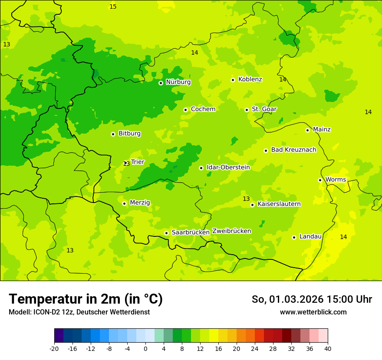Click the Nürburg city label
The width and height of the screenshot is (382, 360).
pyautogui.click(x=178, y=82)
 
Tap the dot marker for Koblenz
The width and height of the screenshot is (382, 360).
pyautogui.click(x=233, y=80)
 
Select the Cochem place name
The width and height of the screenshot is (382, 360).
pyautogui.click(x=203, y=109)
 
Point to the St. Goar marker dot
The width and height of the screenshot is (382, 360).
pyautogui.click(x=247, y=110)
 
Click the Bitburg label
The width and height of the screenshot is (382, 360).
pyautogui.click(x=129, y=134)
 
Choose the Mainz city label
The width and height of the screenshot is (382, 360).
pyautogui.click(x=322, y=129)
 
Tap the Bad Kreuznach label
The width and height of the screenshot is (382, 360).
pyautogui.click(x=293, y=150)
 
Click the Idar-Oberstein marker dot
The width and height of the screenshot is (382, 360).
pyautogui.click(x=201, y=168)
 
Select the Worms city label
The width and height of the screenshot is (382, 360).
pyautogui.click(x=336, y=180)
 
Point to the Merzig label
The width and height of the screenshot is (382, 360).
pyautogui.click(x=140, y=203)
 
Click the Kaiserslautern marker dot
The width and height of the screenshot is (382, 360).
pyautogui.click(x=252, y=205)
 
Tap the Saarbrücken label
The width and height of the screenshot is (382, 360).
pyautogui.click(x=191, y=232)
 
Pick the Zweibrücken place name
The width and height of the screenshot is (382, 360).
pyautogui.click(x=231, y=231)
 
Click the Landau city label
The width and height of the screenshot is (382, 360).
pyautogui.click(x=310, y=236)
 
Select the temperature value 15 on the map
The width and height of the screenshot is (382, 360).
pyautogui.click(x=113, y=7)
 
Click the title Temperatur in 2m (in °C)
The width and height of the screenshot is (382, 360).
pyautogui.click(x=86, y=299)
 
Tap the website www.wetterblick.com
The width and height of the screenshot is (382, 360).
pyautogui.click(x=313, y=312)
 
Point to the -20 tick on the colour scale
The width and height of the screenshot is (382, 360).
pyautogui.click(x=54, y=348)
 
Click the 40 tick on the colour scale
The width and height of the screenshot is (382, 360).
pyautogui.click(x=328, y=348)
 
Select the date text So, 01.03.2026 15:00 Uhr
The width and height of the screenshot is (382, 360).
pyautogui.click(x=312, y=299)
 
